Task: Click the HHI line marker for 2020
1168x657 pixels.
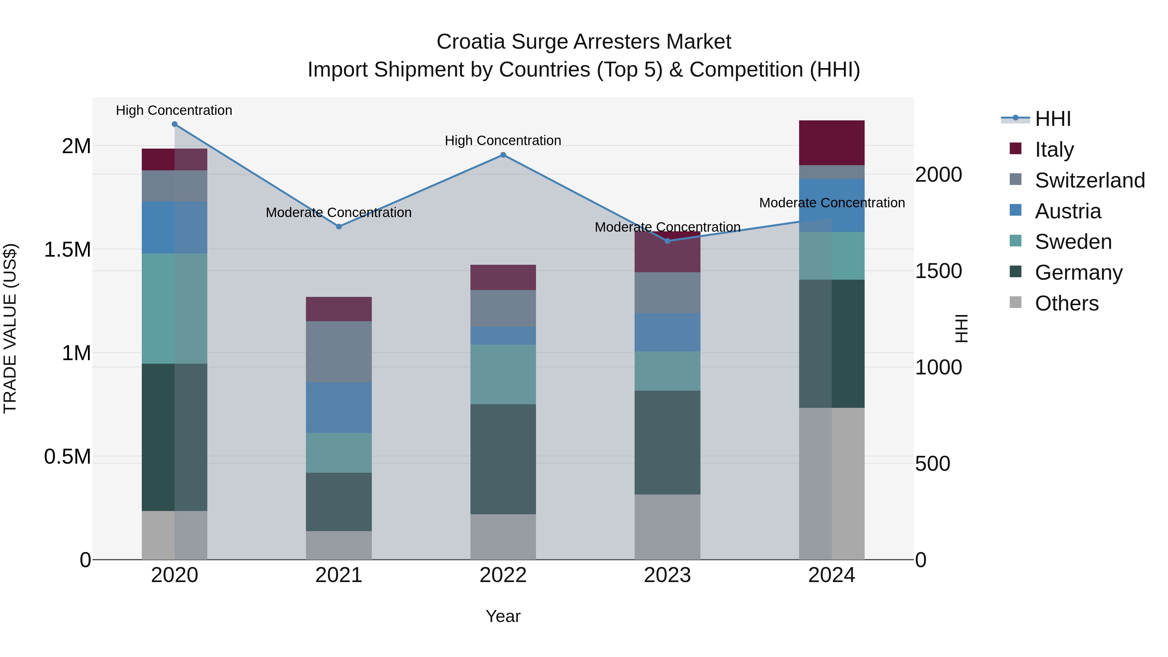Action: point(175,124)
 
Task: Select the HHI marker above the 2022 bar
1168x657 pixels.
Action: point(503,155)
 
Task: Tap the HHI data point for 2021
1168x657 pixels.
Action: point(339,227)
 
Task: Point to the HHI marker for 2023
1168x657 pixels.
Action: point(667,241)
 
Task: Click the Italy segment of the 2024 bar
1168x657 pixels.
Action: point(832,143)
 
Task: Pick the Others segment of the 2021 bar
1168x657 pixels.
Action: point(339,545)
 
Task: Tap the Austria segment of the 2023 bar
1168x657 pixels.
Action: point(667,332)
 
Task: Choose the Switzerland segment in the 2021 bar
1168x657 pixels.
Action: point(339,351)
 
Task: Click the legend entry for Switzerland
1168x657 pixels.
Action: point(1089,180)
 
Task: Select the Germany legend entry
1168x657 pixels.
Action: point(1078,273)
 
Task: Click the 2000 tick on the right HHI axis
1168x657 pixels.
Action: point(938,175)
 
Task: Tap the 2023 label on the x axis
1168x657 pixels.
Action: point(667,575)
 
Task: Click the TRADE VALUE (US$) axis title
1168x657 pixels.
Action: point(10,329)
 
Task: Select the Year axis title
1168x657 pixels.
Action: point(503,616)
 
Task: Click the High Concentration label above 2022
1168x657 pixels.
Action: point(503,140)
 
